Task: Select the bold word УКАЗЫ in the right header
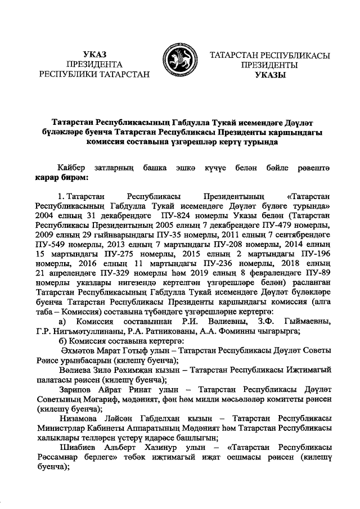click(x=270, y=74)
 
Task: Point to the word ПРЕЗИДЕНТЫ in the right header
click(x=270, y=64)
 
